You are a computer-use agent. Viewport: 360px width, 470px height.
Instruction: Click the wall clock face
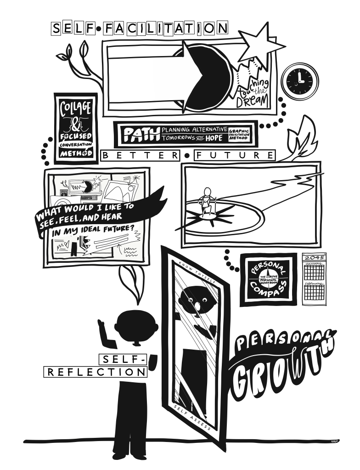pos(299,80)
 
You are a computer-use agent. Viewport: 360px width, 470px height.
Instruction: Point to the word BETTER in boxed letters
pos(141,156)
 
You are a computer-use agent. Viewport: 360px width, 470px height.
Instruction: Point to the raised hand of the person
pos(103,330)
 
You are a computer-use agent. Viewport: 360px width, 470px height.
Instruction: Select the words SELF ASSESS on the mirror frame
pos(192,417)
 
